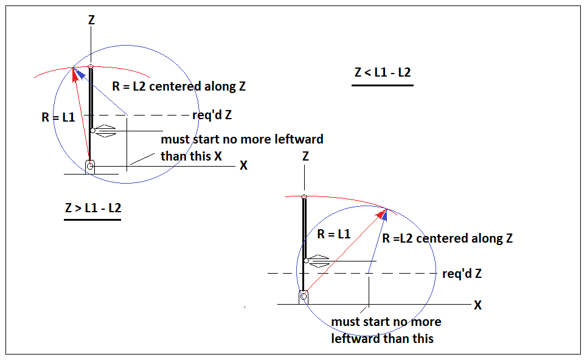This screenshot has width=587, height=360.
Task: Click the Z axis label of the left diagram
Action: (x=91, y=20)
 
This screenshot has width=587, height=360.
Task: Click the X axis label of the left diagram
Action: (x=244, y=165)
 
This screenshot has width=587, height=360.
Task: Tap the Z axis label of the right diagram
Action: (x=305, y=156)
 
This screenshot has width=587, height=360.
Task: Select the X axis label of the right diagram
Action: (x=478, y=305)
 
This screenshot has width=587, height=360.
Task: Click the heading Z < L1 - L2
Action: (x=383, y=72)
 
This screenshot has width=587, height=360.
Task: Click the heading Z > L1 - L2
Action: (x=93, y=208)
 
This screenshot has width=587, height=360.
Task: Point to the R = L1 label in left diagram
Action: (x=58, y=117)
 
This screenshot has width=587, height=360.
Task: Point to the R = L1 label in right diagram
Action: (x=333, y=234)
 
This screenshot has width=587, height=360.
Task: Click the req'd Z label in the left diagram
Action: (x=212, y=115)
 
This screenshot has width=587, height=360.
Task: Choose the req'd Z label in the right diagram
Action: (x=462, y=274)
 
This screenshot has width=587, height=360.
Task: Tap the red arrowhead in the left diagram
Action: (x=75, y=74)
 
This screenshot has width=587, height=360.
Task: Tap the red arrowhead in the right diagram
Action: (x=381, y=213)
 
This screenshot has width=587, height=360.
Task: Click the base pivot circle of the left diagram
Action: (x=90, y=166)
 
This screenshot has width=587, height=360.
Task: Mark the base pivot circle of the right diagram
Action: (x=304, y=296)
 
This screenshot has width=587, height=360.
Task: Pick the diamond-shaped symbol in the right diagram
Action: (x=319, y=261)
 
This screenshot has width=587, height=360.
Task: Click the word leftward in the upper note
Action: (x=299, y=139)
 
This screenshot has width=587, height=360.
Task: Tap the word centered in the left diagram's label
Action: (x=181, y=86)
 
